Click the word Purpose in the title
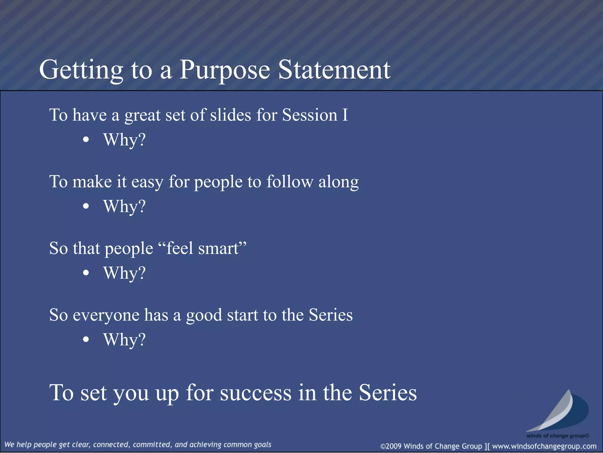click(x=225, y=70)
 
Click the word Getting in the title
click(x=81, y=70)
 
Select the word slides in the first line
click(x=230, y=115)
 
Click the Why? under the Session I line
click(x=124, y=140)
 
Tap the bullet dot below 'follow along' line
click(x=86, y=206)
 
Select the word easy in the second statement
click(x=147, y=182)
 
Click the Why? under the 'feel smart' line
click(x=124, y=273)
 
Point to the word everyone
click(x=106, y=315)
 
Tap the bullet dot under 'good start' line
click(x=86, y=339)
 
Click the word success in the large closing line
click(x=256, y=393)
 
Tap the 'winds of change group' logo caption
click(x=557, y=436)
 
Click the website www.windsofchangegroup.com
click(x=544, y=446)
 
